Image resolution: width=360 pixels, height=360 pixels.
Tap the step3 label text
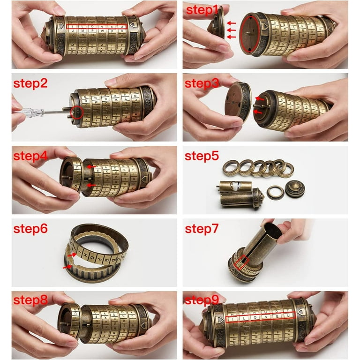coord(202,83)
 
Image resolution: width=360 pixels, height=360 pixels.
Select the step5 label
coord(202,156)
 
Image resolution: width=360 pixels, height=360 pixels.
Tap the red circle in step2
coord(76,111)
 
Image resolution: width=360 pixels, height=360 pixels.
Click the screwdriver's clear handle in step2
coord(30,112)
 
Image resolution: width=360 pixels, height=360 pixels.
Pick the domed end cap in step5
coord(295,187)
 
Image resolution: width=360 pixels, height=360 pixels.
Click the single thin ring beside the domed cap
coord(276,191)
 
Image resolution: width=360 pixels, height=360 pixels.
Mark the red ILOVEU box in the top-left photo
coord(97,27)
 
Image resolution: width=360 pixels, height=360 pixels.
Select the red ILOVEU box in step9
coord(261,319)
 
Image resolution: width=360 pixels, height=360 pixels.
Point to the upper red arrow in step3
coord(258,99)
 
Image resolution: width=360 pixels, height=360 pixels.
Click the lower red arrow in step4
coord(92,186)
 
